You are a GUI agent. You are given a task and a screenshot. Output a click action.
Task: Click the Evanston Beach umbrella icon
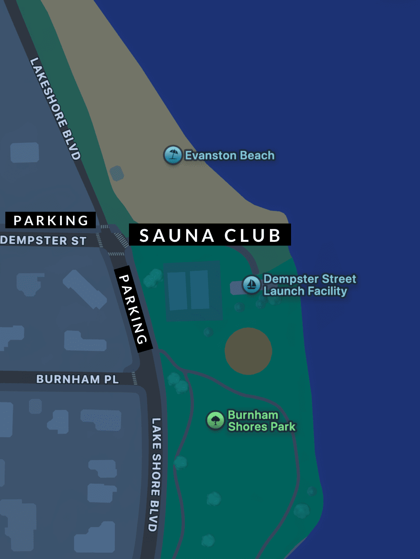coord(172,155)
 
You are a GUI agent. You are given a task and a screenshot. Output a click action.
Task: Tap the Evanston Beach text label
coord(229,155)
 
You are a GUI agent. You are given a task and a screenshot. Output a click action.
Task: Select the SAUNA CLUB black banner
coord(210,235)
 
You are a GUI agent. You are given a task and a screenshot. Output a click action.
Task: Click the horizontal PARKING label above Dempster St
coord(51,220)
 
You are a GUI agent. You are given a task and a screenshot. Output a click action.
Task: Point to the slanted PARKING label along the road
coord(133,309)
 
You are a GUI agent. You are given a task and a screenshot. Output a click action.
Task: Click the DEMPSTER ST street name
coord(44,241)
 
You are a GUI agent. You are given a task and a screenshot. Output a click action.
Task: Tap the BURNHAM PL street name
coord(78,379)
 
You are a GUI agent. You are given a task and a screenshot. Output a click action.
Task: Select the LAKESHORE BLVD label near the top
coord(55,108)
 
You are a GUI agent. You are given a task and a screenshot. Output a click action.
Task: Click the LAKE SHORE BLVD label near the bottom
coord(155,474)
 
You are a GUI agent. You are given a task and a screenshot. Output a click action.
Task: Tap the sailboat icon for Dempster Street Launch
coord(251,284)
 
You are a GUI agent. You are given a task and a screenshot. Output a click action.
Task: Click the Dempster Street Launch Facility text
coord(309,285)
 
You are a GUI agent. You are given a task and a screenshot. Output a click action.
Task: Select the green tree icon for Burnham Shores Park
coord(215,421)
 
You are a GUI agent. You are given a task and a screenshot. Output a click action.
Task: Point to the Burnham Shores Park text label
coord(261,421)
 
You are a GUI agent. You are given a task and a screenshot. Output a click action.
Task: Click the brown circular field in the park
coord(248,351)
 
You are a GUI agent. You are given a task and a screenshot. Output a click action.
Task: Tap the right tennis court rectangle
coord(199,289)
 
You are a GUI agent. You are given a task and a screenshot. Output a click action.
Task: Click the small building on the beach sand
coord(117,173)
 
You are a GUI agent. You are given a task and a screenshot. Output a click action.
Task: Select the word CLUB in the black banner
coord(252,235)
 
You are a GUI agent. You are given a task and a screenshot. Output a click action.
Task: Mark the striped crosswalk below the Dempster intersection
coord(116,254)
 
